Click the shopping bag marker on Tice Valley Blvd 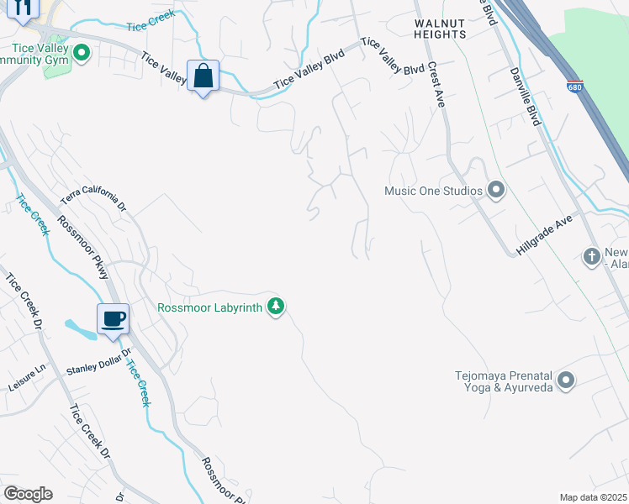(x=203, y=76)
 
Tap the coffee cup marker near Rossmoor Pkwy (x=113, y=319)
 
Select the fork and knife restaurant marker (x=23, y=8)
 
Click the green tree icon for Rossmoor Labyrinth (x=275, y=307)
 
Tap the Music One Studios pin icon (x=495, y=190)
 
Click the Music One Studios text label (x=433, y=191)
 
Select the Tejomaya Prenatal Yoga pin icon (x=566, y=381)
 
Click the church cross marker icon (x=592, y=256)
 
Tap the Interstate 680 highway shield (x=574, y=87)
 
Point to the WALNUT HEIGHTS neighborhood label (x=440, y=29)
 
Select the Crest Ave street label (x=436, y=83)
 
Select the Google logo (x=28, y=494)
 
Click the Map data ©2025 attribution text (x=593, y=497)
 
